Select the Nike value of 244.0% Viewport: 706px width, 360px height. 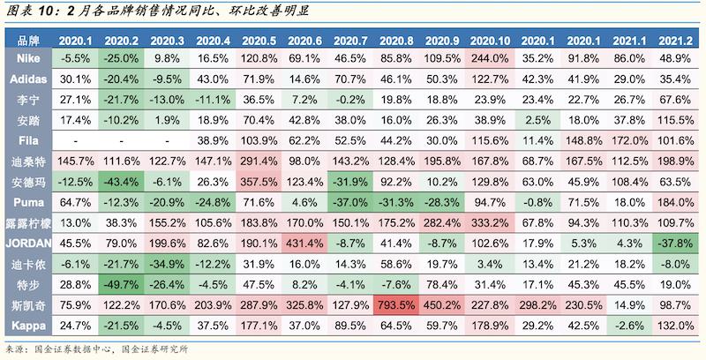492,57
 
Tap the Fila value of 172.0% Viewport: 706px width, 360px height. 629,139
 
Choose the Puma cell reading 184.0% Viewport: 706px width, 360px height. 675,202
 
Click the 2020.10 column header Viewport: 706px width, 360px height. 492,41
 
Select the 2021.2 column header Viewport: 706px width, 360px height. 675,41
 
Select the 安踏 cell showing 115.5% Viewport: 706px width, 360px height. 675,119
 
